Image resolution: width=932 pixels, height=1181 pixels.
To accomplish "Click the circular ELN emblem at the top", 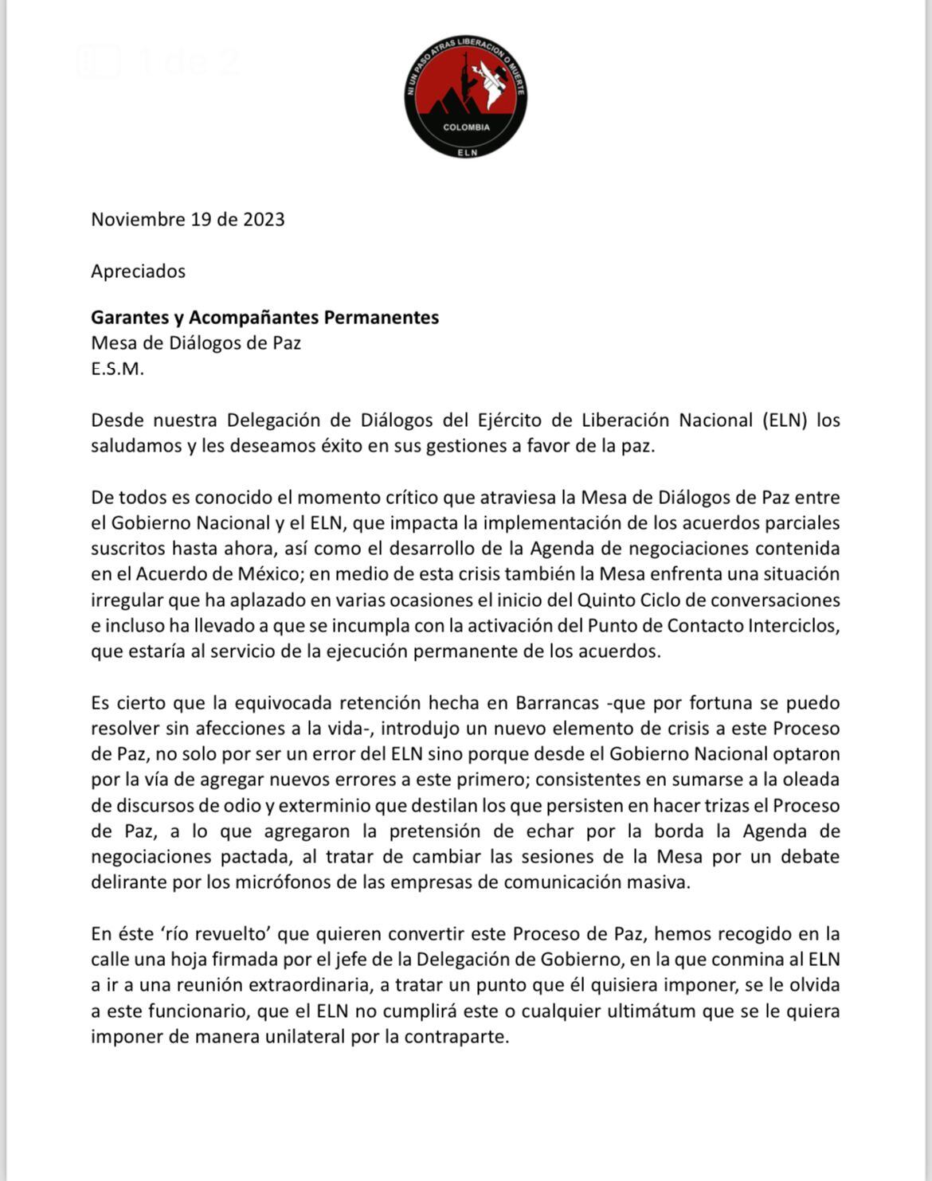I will click(x=466, y=96).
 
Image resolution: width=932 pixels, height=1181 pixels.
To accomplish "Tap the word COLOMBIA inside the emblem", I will click(x=466, y=127).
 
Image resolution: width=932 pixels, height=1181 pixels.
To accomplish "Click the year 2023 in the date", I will click(x=264, y=219).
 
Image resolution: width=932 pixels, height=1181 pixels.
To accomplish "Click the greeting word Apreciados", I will click(x=138, y=271).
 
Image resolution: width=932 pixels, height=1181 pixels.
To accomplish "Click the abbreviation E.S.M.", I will click(x=117, y=369).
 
